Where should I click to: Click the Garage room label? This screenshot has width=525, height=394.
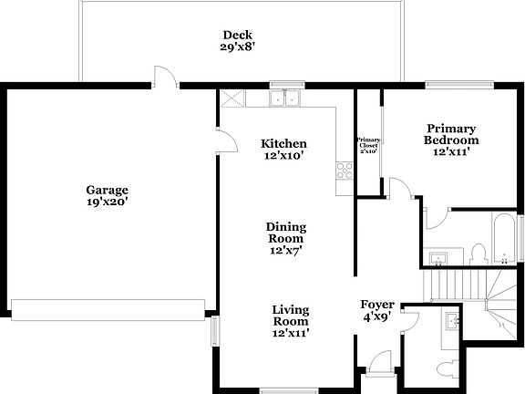[107, 191]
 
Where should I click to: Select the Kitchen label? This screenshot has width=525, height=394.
[283, 144]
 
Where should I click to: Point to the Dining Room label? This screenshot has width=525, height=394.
[285, 233]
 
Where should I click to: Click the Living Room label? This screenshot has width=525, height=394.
[290, 316]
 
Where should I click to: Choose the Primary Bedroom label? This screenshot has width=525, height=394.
[450, 135]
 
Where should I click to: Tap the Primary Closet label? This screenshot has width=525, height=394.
[368, 144]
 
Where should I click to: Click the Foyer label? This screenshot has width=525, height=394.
[376, 306]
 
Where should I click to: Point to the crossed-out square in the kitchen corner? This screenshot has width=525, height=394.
[231, 99]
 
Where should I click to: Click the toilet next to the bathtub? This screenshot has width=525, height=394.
[478, 253]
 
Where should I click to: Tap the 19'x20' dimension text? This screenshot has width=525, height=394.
[107, 203]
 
